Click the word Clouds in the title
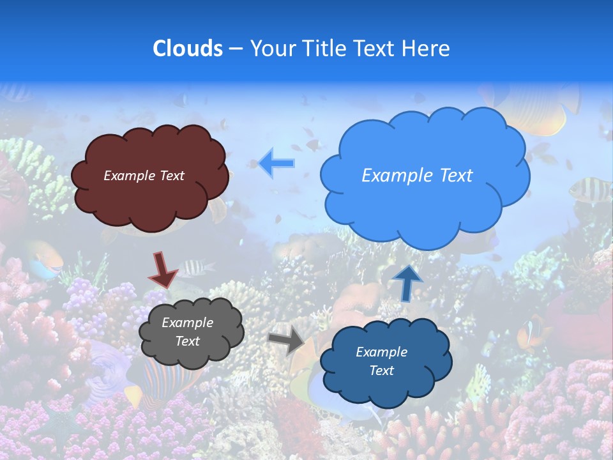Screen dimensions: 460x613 [187, 49]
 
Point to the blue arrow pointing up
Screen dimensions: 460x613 [407, 282]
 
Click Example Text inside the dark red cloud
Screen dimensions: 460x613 [144, 176]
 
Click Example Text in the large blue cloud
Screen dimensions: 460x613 [417, 176]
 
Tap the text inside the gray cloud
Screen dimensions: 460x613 [187, 332]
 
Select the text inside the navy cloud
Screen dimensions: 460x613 [381, 361]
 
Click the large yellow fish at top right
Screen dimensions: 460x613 [536, 112]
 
